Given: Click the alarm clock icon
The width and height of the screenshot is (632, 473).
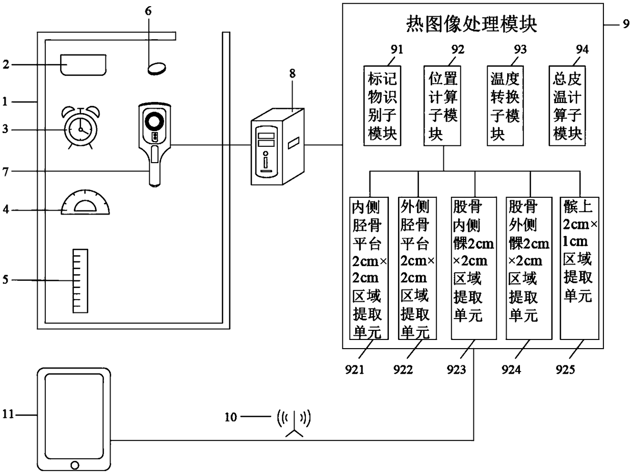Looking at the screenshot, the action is [x=81, y=128].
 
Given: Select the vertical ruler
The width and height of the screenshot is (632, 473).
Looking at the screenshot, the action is [x=81, y=281].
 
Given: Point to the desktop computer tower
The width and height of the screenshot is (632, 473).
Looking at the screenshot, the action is [x=277, y=146].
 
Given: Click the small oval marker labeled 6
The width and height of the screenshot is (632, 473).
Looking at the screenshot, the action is [x=156, y=68].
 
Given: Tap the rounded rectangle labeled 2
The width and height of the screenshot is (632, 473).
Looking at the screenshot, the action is [x=83, y=65].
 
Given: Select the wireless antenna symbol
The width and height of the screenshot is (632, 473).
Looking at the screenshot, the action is [x=294, y=423].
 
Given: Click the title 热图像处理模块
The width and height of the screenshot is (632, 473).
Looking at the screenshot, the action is [x=471, y=23].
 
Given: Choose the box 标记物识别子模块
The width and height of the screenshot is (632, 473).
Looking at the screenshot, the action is [x=382, y=106].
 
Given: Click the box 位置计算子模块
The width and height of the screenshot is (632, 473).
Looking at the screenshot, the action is [x=442, y=106].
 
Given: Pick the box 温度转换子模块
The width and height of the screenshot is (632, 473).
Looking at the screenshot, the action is [x=505, y=106].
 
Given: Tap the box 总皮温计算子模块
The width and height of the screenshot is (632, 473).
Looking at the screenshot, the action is [x=567, y=106].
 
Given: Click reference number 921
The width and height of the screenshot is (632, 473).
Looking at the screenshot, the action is [x=354, y=370].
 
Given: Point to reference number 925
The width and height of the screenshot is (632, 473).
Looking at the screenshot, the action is [x=565, y=370].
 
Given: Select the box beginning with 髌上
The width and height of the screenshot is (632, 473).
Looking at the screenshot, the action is [x=580, y=268].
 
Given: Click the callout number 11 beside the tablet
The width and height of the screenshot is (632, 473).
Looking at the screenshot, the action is [x=8, y=414].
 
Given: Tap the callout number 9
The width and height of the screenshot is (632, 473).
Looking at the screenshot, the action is [x=626, y=24].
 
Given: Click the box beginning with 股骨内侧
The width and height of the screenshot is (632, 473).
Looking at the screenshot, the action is [x=473, y=268].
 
